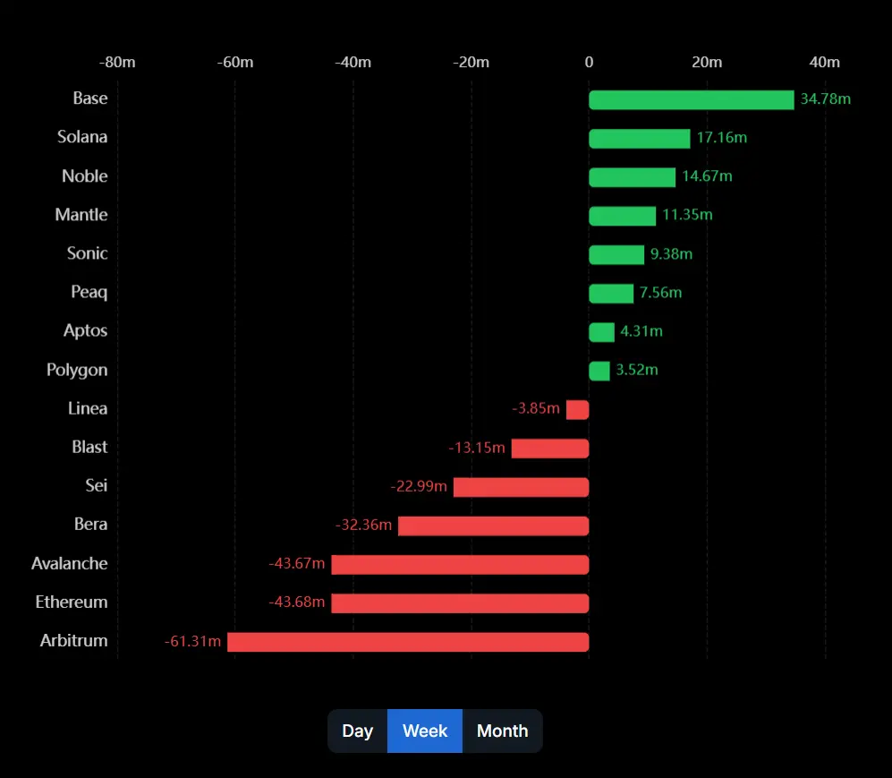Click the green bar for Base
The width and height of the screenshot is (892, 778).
[x=691, y=99]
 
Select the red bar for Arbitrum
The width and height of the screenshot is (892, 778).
[x=408, y=642]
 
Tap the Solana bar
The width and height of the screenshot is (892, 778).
[x=639, y=138]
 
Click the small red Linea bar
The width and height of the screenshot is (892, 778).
[x=577, y=409]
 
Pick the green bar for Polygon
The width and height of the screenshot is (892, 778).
[x=599, y=371]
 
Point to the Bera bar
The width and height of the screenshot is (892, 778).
[x=493, y=526]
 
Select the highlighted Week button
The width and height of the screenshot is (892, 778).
[x=425, y=731]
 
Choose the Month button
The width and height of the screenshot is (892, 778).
[x=502, y=731]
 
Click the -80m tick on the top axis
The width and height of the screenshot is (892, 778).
[x=117, y=62]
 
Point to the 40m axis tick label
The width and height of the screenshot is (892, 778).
[x=824, y=62]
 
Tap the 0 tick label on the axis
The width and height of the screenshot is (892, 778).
[x=589, y=62]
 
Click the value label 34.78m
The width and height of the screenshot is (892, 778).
[x=825, y=98]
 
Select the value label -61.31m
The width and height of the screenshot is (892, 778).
[x=192, y=641]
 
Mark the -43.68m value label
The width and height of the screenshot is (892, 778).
[x=296, y=602]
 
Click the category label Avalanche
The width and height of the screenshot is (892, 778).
[x=70, y=563]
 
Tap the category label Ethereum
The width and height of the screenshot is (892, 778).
[x=72, y=602]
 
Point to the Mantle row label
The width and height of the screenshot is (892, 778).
[x=81, y=215]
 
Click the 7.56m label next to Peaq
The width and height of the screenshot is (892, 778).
[x=660, y=293]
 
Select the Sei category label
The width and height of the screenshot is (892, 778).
[x=97, y=485]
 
